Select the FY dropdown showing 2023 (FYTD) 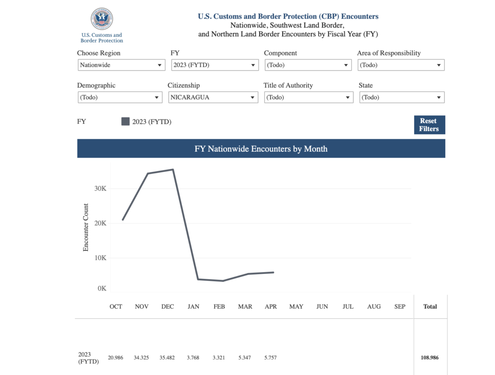pos(215,65)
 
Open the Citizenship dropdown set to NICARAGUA pos(213,97)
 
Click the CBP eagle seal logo pos(102,19)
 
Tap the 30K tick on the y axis pos(100,188)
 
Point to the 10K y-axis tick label pos(100,258)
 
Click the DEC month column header pos(168,306)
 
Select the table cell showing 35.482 pos(167,358)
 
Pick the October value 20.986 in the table pos(116,358)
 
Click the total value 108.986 pos(430,358)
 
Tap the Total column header pos(430,306)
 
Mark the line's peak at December pos(173,170)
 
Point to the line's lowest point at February pos(223,281)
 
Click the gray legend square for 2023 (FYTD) pos(126,121)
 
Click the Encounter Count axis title pos(86,227)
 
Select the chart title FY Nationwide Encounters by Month pos(261,149)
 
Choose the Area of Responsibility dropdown pos(401,65)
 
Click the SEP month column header pos(400,306)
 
